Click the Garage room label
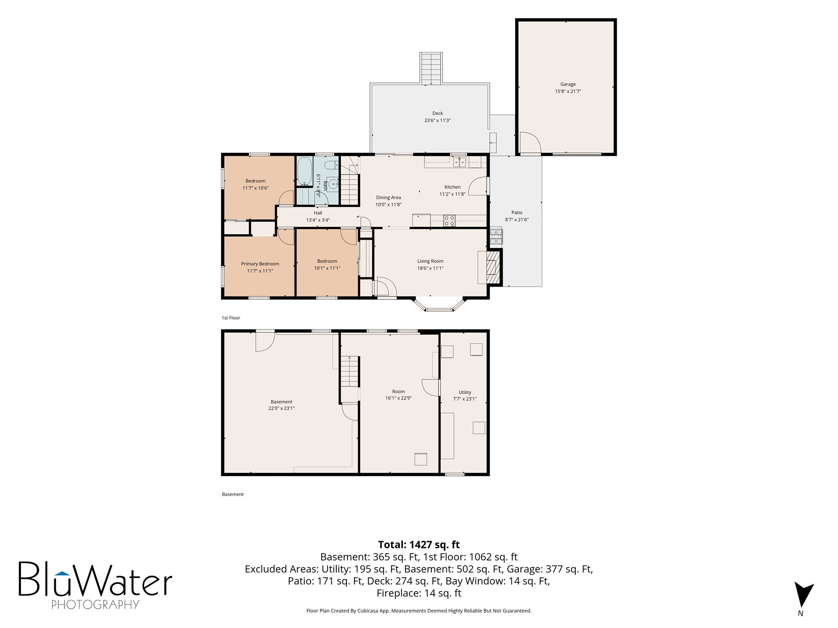568,84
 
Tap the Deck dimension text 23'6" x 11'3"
437,121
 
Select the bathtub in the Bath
305,171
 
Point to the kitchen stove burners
449,221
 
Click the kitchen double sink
460,162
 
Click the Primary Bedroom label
260,264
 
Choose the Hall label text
318,213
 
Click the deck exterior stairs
431,69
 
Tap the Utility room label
465,392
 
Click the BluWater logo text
95,579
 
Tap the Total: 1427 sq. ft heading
419,545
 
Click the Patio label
517,213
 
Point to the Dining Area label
388,197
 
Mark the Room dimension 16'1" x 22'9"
399,398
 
